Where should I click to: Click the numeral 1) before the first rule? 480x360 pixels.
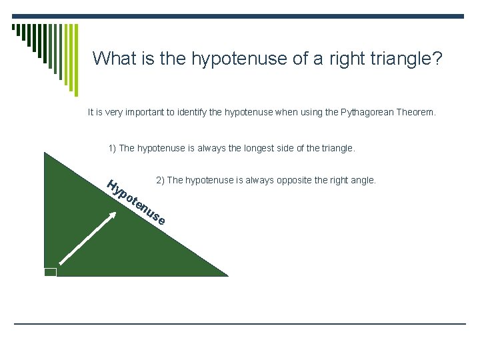[112, 148]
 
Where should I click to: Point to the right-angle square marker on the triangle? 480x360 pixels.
[51, 271]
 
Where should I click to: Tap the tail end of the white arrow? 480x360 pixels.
[61, 265]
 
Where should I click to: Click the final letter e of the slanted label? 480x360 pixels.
[161, 221]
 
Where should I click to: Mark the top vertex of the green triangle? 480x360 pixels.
[44, 153]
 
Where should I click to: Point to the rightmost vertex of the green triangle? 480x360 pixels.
[228, 275]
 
